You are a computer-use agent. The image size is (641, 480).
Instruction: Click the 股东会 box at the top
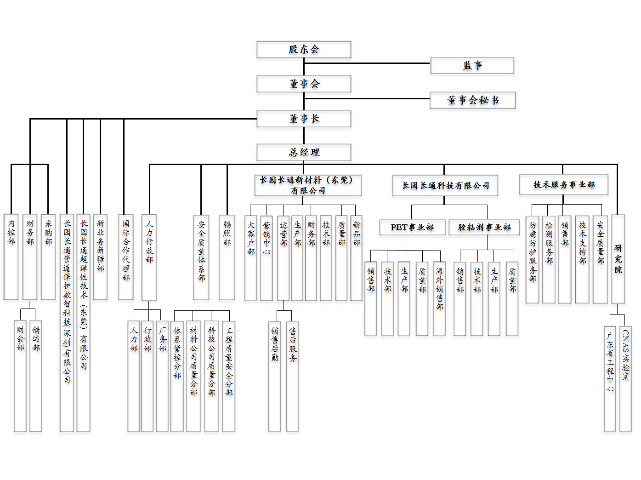pyautogui.click(x=304, y=50)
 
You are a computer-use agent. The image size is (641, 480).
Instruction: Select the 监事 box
pyautogui.click(x=472, y=65)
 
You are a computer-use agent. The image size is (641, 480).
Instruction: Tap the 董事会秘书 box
pyautogui.click(x=472, y=100)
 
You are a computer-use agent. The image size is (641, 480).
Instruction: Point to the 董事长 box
pyautogui.click(x=304, y=119)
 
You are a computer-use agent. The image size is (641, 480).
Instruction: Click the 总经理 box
pyautogui.click(x=304, y=152)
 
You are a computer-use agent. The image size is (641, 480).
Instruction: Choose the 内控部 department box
pyautogui.click(x=11, y=257)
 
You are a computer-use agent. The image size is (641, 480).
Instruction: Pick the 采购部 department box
pyautogui.click(x=48, y=257)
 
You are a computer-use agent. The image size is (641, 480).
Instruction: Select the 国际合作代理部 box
pyautogui.click(x=126, y=257)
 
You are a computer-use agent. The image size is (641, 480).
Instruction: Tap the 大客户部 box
pyautogui.click(x=250, y=257)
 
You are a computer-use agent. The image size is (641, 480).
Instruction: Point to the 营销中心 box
pyautogui.click(x=267, y=257)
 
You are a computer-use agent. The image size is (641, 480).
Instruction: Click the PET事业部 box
pyautogui.click(x=412, y=227)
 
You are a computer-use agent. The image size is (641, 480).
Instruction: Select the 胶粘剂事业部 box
pyautogui.click(x=484, y=227)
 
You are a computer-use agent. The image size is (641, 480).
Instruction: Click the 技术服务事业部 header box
pyautogui.click(x=564, y=184)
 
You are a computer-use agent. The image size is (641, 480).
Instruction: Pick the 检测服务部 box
pyautogui.click(x=549, y=259)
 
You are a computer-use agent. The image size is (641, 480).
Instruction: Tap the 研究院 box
pyautogui.click(x=618, y=259)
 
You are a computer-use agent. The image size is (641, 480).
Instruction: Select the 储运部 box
pyautogui.click(x=36, y=375)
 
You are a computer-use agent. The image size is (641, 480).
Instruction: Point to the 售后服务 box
pyautogui.click(x=293, y=376)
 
